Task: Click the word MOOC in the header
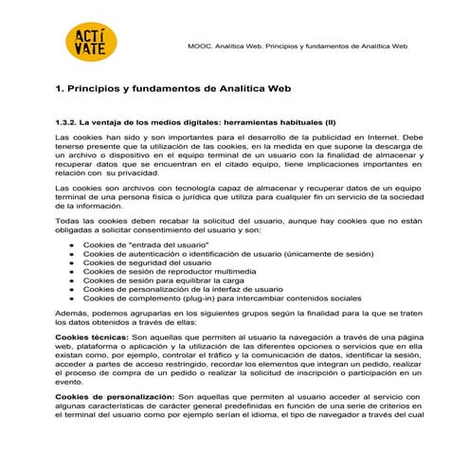pos(200,45)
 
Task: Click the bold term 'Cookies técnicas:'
pos(90,337)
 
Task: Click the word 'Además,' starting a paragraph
pos(72,312)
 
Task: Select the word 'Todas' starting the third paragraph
pos(68,221)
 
